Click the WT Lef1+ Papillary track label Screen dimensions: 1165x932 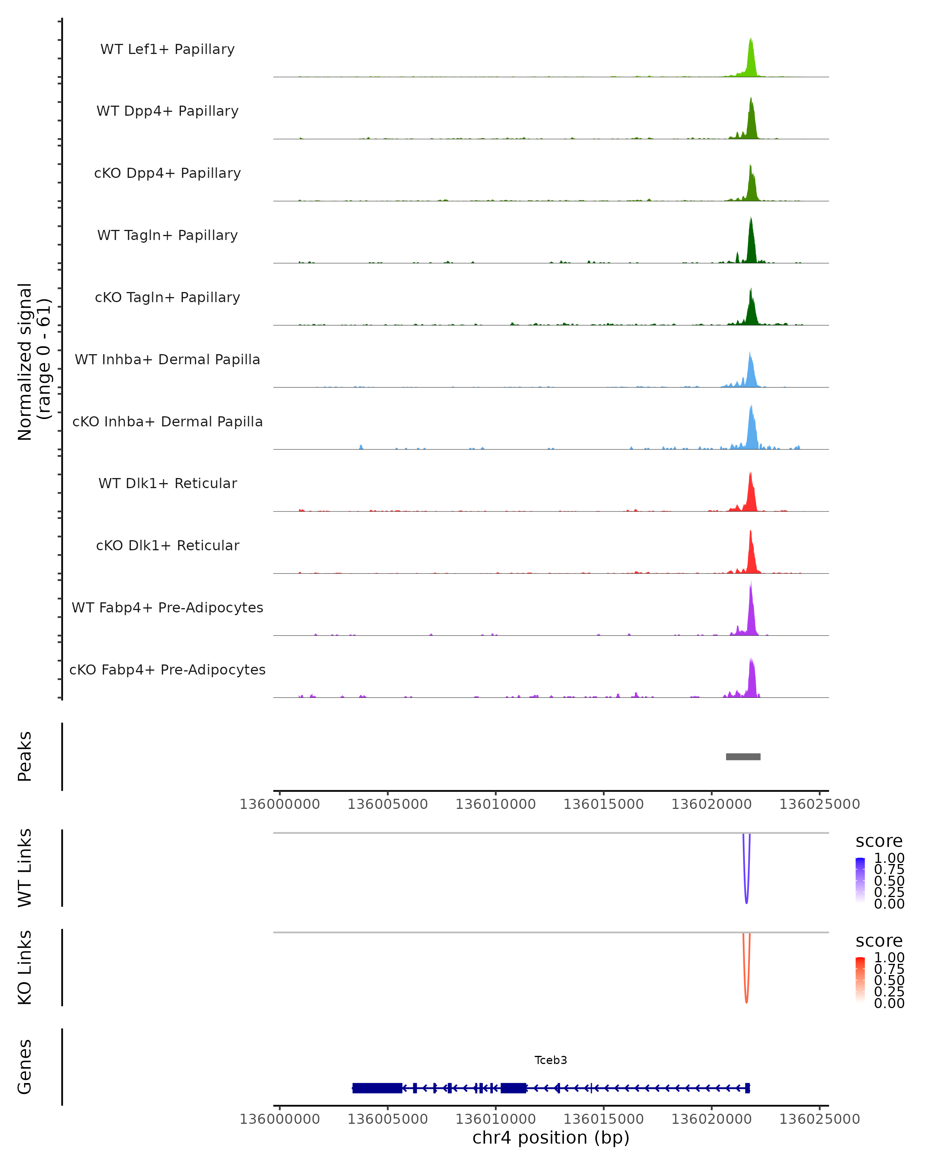[167, 49]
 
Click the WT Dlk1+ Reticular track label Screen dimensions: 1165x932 [167, 483]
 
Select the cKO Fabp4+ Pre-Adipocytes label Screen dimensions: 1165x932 [167, 669]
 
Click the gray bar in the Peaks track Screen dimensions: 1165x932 [743, 756]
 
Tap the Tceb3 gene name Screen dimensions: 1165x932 [551, 1060]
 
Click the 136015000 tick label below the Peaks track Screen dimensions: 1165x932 [603, 804]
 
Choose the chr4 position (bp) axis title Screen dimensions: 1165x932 [551, 1137]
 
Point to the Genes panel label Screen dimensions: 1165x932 [25, 1067]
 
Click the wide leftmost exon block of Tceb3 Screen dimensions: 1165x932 [377, 1088]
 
